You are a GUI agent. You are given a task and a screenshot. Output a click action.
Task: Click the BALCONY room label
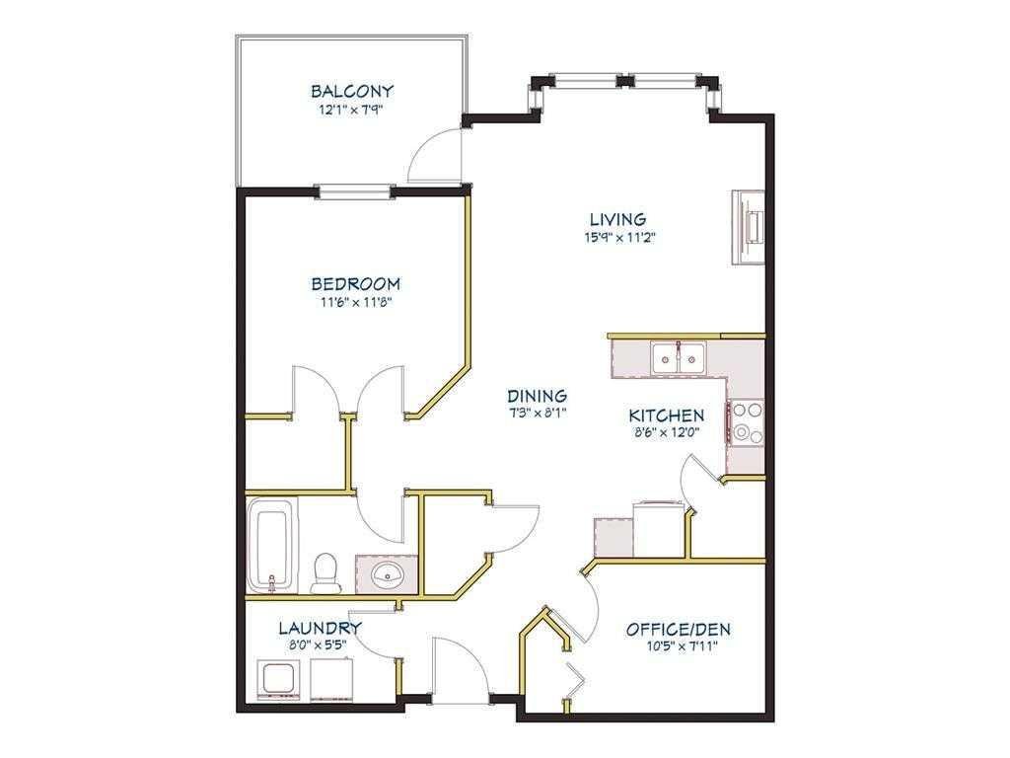click(351, 91)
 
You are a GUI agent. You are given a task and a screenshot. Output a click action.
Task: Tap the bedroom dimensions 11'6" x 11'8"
click(356, 302)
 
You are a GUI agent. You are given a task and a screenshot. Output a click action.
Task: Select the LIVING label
click(618, 220)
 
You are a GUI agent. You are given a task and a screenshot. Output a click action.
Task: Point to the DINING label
click(537, 395)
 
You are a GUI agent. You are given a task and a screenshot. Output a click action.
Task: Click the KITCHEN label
click(667, 416)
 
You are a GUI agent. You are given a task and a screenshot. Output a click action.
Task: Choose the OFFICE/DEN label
click(679, 629)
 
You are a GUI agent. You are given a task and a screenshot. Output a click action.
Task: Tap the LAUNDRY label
click(321, 628)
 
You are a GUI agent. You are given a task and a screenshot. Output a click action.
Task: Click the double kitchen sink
click(678, 357)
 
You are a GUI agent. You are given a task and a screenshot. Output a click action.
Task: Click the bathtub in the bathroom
click(271, 543)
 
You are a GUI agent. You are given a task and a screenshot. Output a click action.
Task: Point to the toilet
click(325, 573)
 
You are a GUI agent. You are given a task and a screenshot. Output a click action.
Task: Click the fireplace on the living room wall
click(748, 227)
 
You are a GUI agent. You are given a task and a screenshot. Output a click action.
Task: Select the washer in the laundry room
click(277, 680)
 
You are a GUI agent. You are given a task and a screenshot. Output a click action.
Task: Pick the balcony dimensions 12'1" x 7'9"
click(351, 109)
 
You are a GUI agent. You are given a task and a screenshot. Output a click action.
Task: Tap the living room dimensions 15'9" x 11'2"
click(619, 237)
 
